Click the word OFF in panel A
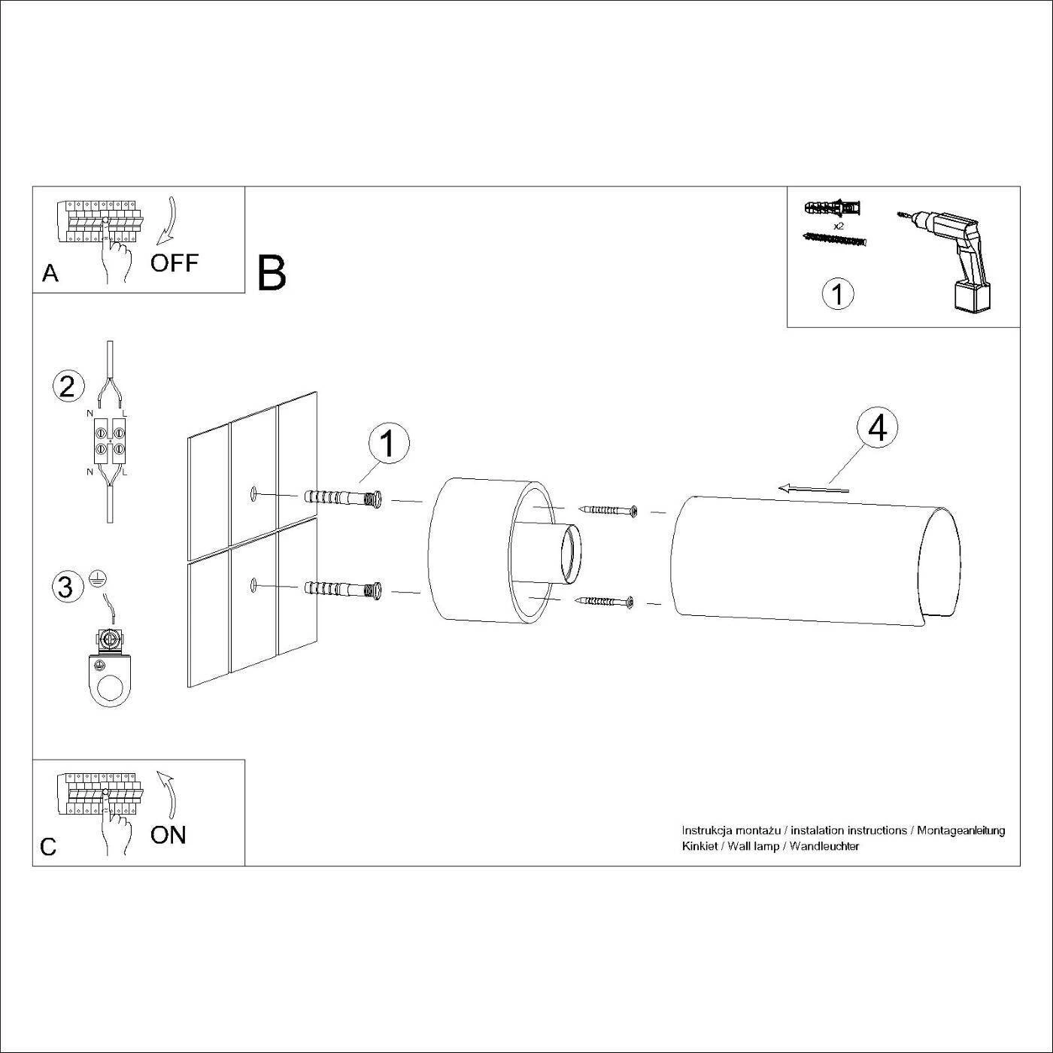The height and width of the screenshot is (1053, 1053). pyautogui.click(x=174, y=262)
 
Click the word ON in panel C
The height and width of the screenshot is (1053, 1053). pyautogui.click(x=168, y=835)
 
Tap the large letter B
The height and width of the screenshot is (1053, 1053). pyautogui.click(x=272, y=273)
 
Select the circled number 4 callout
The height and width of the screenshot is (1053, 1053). pyautogui.click(x=877, y=429)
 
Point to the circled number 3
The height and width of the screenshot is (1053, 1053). pyautogui.click(x=67, y=587)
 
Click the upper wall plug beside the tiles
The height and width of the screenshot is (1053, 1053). pyautogui.click(x=342, y=499)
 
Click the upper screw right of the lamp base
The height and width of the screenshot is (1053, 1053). pyautogui.click(x=609, y=511)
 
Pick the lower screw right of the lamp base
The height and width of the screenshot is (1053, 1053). pyautogui.click(x=605, y=601)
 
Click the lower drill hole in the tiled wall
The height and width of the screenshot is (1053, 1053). pyautogui.click(x=253, y=584)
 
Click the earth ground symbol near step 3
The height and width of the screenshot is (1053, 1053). pyautogui.click(x=99, y=578)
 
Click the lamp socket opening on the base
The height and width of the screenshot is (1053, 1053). pyautogui.click(x=570, y=554)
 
